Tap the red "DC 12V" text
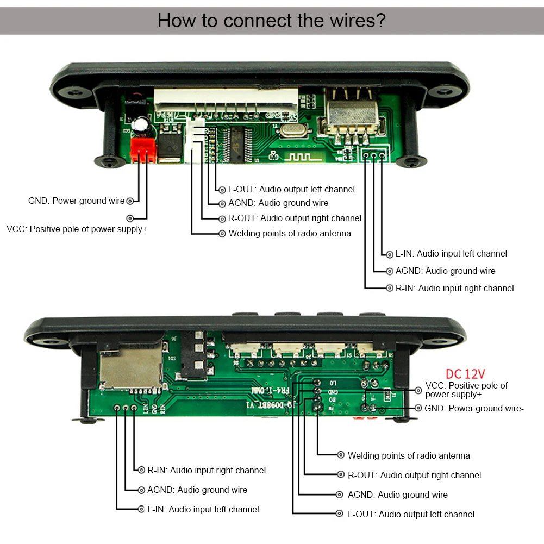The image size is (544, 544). click(x=465, y=374)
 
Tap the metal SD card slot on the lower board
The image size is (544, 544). click(x=131, y=367)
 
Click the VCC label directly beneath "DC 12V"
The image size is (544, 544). click(x=466, y=390)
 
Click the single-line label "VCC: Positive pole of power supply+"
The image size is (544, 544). click(x=77, y=229)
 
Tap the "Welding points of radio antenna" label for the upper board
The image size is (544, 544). click(x=290, y=233)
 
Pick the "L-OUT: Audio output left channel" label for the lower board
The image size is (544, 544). click(x=411, y=514)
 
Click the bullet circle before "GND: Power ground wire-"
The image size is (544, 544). click(x=418, y=408)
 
